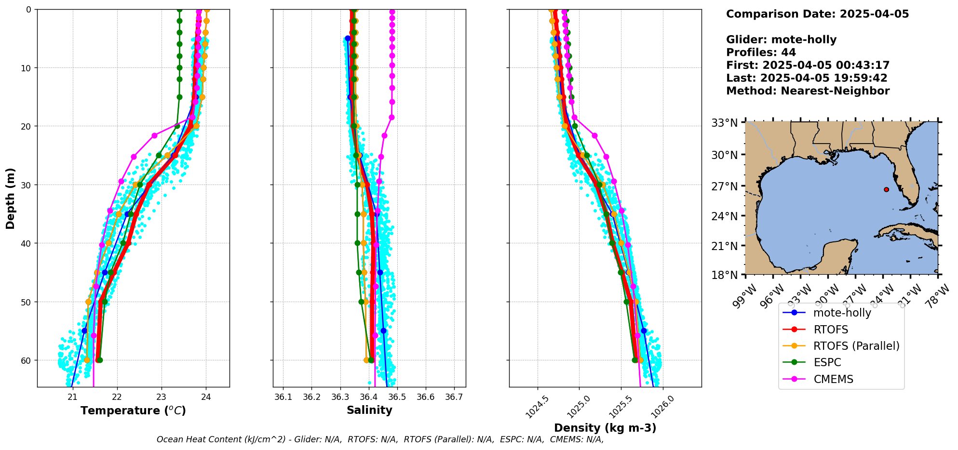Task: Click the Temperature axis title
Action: pos(133,410)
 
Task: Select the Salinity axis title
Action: pos(369,410)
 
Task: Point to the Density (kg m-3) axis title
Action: pos(605,428)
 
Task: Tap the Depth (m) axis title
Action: pos(11,199)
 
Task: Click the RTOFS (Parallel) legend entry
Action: pos(856,346)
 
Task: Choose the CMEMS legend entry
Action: pos(833,379)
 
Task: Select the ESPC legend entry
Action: pos(827,362)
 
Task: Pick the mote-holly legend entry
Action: pos(842,313)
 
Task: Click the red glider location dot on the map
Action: pos(886,189)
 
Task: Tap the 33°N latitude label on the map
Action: pos(725,123)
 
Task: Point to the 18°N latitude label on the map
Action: pos(725,275)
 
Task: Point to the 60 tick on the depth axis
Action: pos(25,360)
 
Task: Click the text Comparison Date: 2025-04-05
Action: pos(817,14)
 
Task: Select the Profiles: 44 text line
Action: pos(761,53)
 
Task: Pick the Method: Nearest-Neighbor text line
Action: pos(808,91)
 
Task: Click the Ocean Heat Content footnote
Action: pos(380,439)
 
